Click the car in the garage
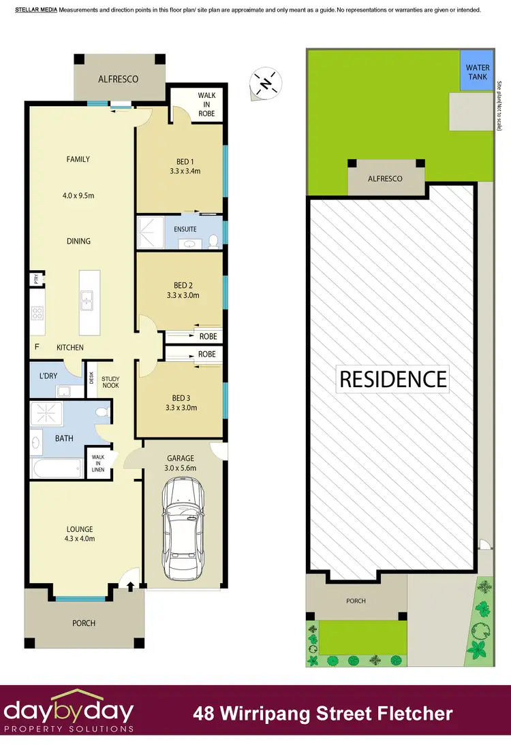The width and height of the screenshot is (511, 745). (x=182, y=527)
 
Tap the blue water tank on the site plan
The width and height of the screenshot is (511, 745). (x=477, y=72)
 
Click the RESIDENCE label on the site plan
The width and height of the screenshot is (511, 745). (x=393, y=379)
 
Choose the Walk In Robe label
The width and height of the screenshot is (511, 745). (x=206, y=105)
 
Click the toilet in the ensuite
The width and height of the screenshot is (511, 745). (x=213, y=239)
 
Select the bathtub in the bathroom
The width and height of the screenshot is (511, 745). (x=57, y=468)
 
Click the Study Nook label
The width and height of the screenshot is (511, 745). (x=110, y=382)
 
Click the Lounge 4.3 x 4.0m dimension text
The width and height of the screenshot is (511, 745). (x=79, y=539)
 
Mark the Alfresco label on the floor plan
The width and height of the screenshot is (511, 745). (x=119, y=79)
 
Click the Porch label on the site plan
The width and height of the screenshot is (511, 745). (x=356, y=601)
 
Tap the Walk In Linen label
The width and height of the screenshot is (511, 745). (x=95, y=462)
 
